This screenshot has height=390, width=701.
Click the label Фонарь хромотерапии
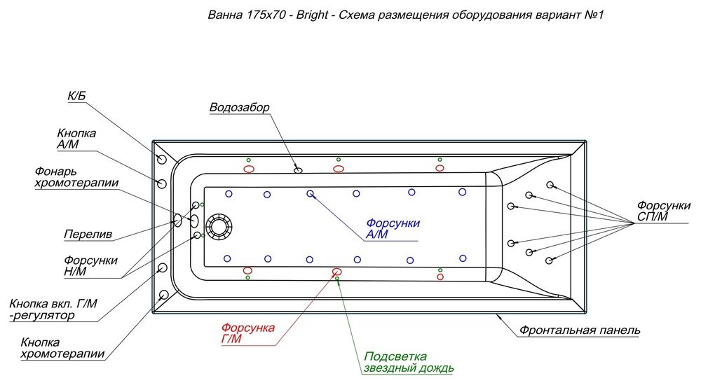[x=76, y=177]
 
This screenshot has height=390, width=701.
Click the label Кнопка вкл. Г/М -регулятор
[x=53, y=310]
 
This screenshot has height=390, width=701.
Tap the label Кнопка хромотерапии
[x=62, y=349]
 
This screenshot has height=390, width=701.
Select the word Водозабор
[x=240, y=107]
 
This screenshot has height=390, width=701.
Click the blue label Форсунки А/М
[x=393, y=229]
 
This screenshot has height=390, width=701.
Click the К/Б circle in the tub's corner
[x=162, y=160]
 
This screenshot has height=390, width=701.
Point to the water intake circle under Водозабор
[x=298, y=169]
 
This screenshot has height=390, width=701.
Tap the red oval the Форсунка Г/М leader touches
[x=336, y=271]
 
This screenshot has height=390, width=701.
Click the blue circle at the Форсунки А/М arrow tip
[x=310, y=193]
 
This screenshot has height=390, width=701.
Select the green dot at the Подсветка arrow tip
[x=337, y=279]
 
